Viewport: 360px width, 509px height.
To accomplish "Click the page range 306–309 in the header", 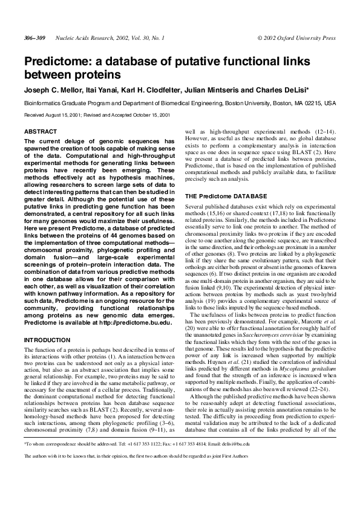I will click(x=34, y=37).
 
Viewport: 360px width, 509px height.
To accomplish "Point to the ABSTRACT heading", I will click(x=40, y=131).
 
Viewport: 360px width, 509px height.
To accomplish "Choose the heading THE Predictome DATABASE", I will click(x=225, y=196).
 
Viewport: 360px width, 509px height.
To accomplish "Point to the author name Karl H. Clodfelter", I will click(x=149, y=90).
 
